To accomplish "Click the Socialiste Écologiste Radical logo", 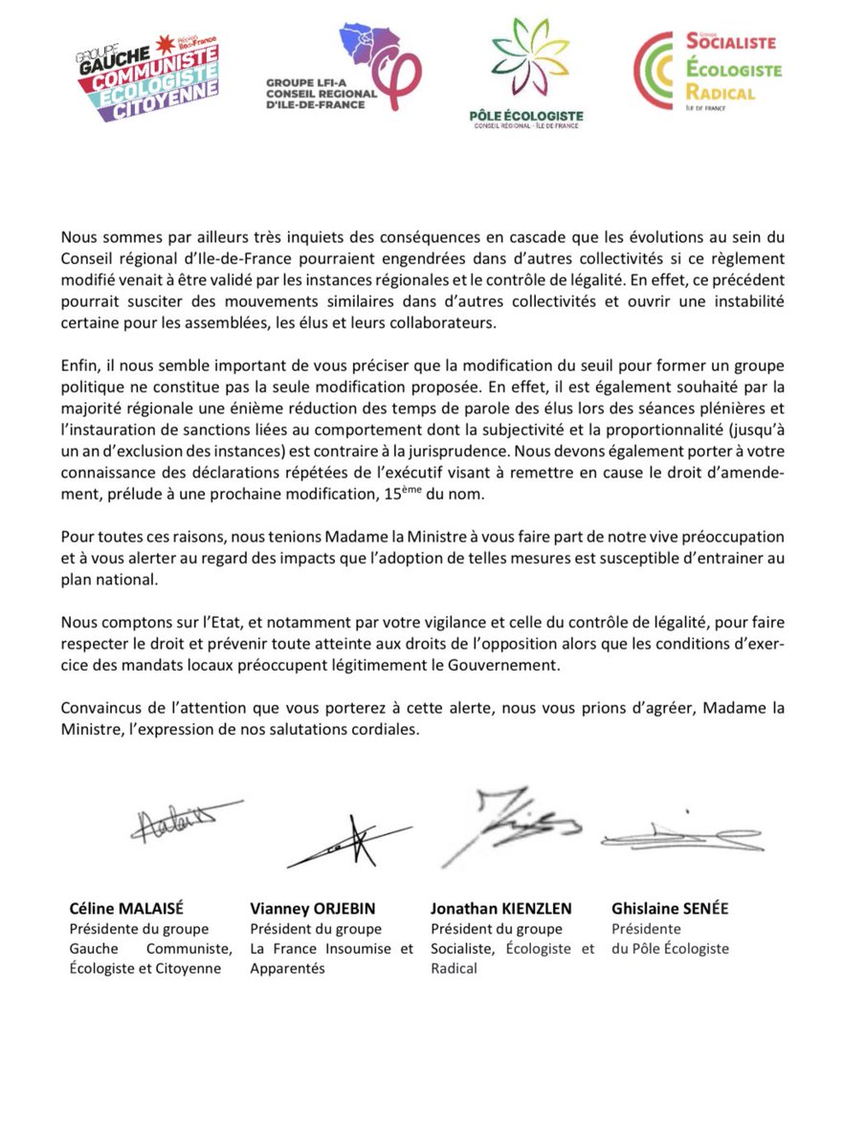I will click(707, 70).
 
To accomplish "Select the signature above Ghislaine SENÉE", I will click(679, 835).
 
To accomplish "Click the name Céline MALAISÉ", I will click(128, 909).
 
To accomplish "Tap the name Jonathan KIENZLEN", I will click(500, 909).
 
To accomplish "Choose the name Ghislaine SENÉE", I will click(670, 909).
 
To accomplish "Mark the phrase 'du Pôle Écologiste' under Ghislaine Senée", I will click(670, 949).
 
